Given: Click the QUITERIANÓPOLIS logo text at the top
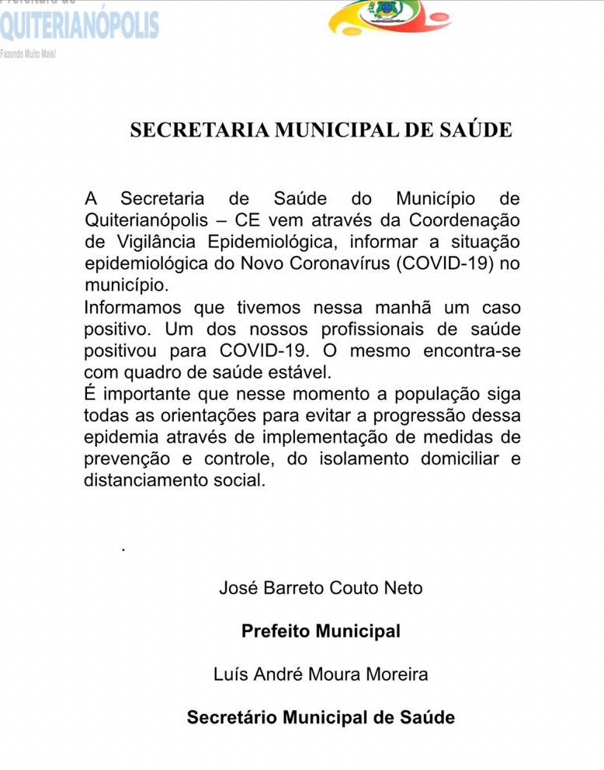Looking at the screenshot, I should pos(79,25).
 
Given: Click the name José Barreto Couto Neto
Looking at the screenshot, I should pos(321,588).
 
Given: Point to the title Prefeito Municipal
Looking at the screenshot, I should pos(321,631).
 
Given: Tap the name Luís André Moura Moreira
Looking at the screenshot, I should pos(321,675).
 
